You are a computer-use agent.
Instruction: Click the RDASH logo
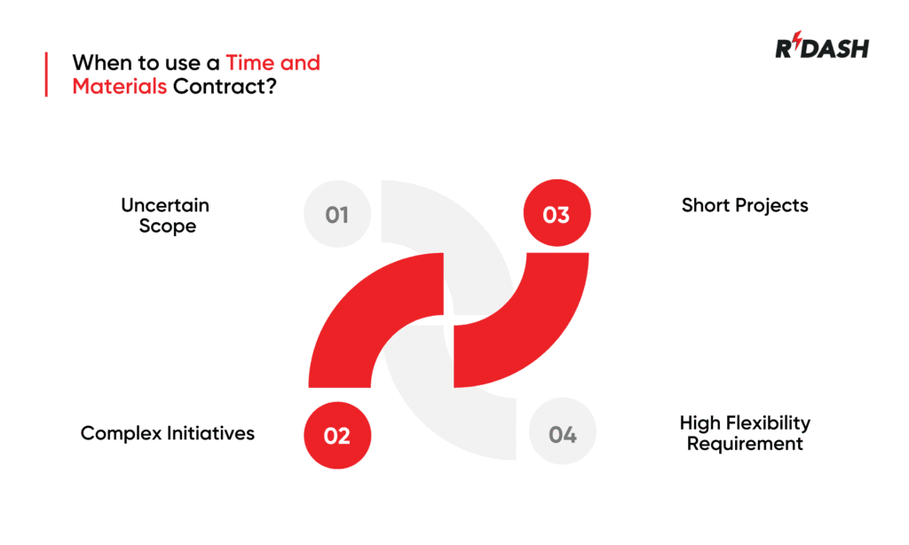(x=821, y=49)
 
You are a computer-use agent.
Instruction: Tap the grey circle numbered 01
(x=336, y=215)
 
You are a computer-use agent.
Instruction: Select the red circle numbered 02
(x=337, y=436)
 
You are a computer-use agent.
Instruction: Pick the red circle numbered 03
(x=556, y=215)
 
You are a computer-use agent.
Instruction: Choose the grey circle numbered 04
(x=562, y=435)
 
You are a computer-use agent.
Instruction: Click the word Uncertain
(x=165, y=205)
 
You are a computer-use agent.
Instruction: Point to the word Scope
(x=167, y=226)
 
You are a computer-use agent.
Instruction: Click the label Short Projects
(x=744, y=205)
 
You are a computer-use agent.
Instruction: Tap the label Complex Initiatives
(x=167, y=433)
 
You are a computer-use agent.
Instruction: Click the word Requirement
(x=744, y=443)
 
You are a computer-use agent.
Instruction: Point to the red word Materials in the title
(x=119, y=87)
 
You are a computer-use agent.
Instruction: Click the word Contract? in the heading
(x=223, y=87)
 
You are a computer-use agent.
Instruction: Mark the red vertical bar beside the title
(x=46, y=75)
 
